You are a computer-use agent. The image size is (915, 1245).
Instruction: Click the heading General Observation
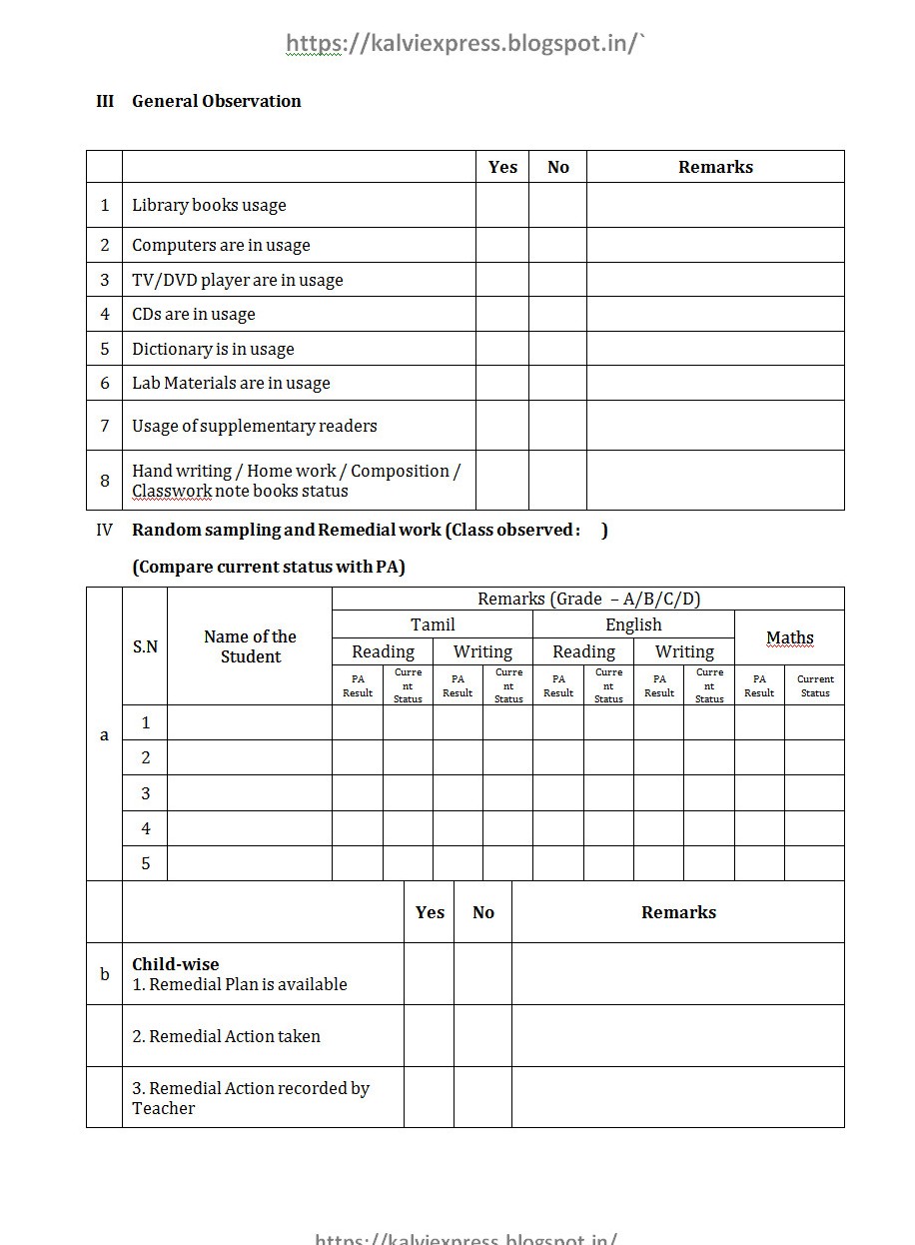click(216, 101)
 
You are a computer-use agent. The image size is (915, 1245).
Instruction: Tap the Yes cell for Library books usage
click(501, 205)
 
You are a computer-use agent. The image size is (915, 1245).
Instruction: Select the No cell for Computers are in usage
click(557, 245)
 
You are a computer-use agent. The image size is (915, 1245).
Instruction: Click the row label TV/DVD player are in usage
click(237, 280)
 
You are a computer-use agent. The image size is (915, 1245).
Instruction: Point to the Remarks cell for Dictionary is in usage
click(714, 349)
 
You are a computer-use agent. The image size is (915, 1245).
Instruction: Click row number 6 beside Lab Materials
click(104, 383)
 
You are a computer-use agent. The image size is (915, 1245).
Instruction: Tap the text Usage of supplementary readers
click(254, 426)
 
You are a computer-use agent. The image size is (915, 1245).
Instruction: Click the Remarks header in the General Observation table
click(715, 167)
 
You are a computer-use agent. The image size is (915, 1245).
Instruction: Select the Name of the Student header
click(250, 646)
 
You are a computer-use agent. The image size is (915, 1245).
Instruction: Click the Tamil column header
click(433, 624)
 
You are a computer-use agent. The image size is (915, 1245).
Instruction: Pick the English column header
click(633, 624)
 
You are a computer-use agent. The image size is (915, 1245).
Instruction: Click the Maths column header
click(789, 637)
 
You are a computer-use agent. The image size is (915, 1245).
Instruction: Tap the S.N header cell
click(145, 646)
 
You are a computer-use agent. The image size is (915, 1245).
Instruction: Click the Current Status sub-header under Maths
click(814, 685)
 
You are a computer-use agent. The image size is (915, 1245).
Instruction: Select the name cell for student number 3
click(250, 793)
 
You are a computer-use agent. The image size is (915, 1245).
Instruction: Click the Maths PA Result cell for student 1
click(759, 722)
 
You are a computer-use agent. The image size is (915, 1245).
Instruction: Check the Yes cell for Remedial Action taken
click(429, 1036)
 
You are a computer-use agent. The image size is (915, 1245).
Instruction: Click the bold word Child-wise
click(176, 964)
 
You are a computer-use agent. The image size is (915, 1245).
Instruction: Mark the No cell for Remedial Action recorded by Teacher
click(482, 1097)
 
